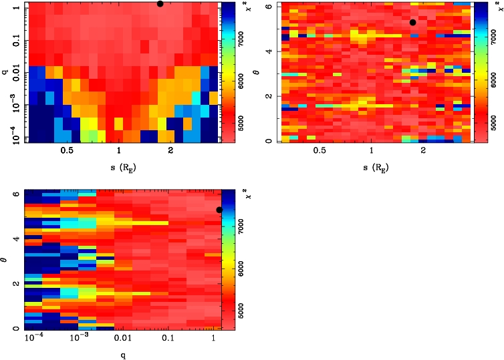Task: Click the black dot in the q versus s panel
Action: click(x=160, y=3)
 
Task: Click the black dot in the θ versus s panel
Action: click(x=413, y=22)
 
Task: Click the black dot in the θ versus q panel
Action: click(x=219, y=210)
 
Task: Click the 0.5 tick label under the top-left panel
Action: click(x=67, y=152)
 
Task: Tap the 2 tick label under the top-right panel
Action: click(x=423, y=152)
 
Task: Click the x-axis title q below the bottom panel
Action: click(x=124, y=355)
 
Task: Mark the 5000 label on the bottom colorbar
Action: click(x=244, y=309)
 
